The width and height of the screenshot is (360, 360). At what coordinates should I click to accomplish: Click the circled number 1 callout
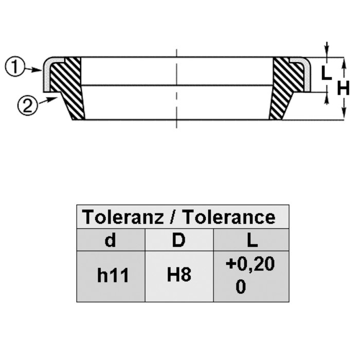(14, 66)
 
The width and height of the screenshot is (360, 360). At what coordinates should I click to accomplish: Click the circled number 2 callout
(27, 106)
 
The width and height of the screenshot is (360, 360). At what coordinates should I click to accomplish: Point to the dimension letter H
(343, 88)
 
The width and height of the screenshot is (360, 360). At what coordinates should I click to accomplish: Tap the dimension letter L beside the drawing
(326, 73)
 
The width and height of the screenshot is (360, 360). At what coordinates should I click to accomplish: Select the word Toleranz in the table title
(123, 217)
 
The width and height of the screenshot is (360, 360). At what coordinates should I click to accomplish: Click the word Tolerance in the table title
(229, 217)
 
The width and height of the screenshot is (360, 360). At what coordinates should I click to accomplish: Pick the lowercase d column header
(110, 240)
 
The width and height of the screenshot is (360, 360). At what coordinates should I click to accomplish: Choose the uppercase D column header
(178, 240)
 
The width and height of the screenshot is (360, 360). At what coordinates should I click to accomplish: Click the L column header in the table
(252, 240)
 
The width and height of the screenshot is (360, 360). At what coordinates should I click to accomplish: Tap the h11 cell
(113, 275)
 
